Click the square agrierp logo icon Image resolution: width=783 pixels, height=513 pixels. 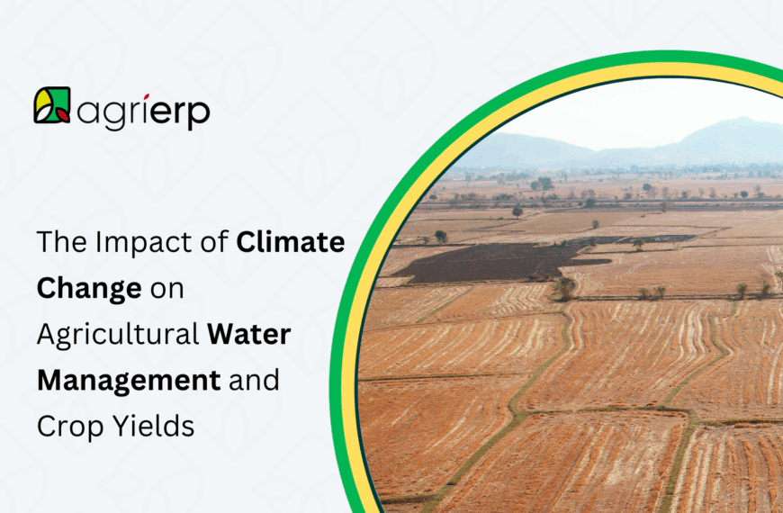pyautogui.click(x=52, y=105)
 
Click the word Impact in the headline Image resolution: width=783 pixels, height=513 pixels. pyautogui.click(x=133, y=243)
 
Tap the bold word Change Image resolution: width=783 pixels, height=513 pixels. pyautogui.click(x=89, y=289)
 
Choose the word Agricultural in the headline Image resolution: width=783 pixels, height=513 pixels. pyautogui.click(x=117, y=335)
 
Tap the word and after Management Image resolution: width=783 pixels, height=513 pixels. pyautogui.click(x=255, y=381)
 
